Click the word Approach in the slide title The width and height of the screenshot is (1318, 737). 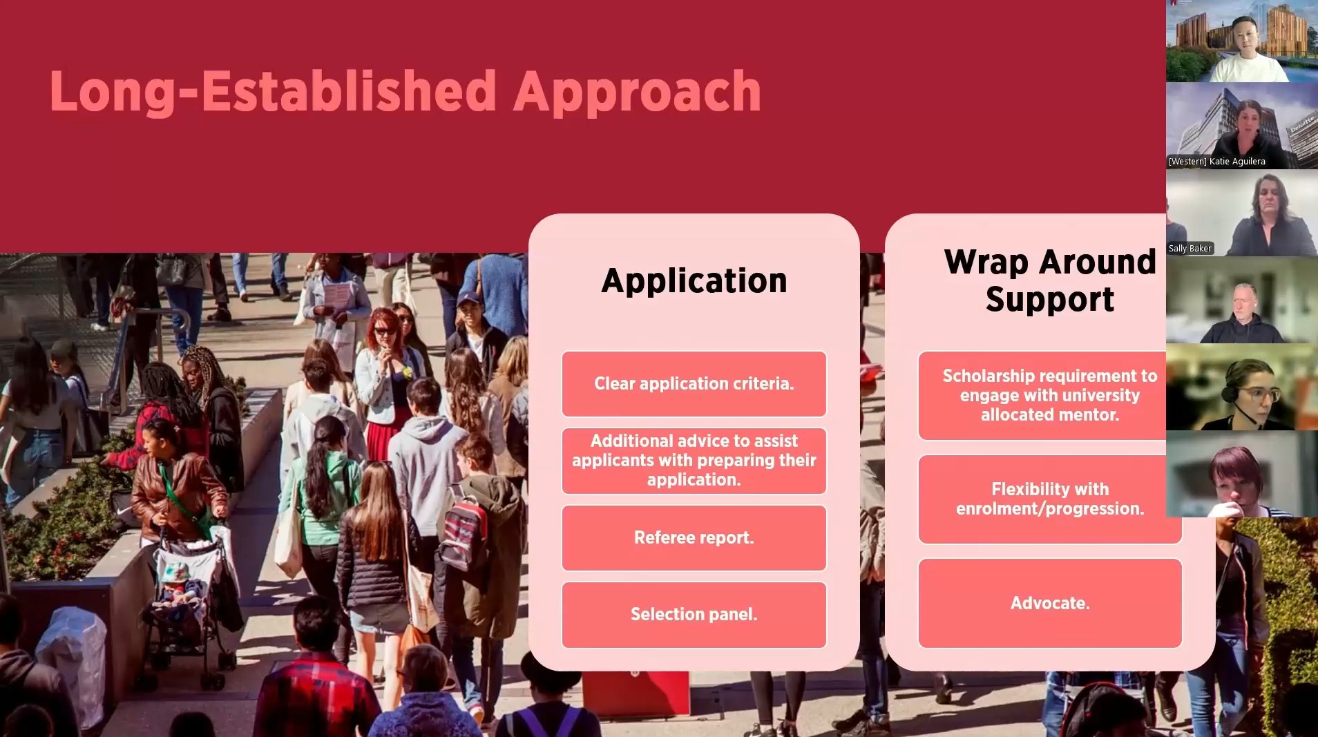(x=636, y=91)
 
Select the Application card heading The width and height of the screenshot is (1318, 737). (x=694, y=280)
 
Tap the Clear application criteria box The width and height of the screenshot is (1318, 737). (x=694, y=383)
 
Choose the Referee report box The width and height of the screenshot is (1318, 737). (x=694, y=537)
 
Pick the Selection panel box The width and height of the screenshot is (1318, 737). (x=694, y=614)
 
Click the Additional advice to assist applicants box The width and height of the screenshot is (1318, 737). (x=694, y=460)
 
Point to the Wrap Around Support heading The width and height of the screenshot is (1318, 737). (x=1049, y=280)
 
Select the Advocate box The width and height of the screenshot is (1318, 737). (x=1049, y=603)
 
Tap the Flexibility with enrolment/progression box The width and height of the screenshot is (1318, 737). (x=1049, y=499)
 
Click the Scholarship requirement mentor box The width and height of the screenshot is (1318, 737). (x=1049, y=395)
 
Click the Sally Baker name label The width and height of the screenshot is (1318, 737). (x=1190, y=249)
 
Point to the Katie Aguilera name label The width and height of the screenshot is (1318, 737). (x=1216, y=162)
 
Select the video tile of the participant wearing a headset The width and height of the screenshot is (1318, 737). (x=1241, y=387)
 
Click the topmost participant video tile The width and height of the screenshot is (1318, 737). (x=1241, y=41)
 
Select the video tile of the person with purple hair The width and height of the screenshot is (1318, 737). (x=1241, y=474)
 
